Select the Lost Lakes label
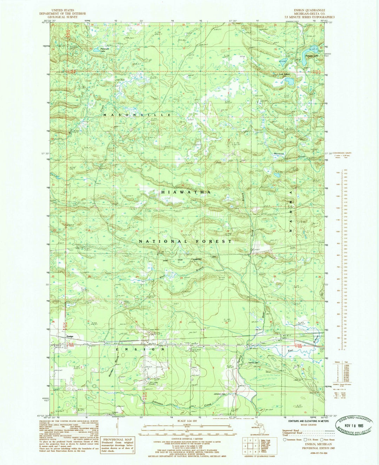[284, 74]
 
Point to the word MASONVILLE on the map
[137, 115]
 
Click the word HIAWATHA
[186, 192]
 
